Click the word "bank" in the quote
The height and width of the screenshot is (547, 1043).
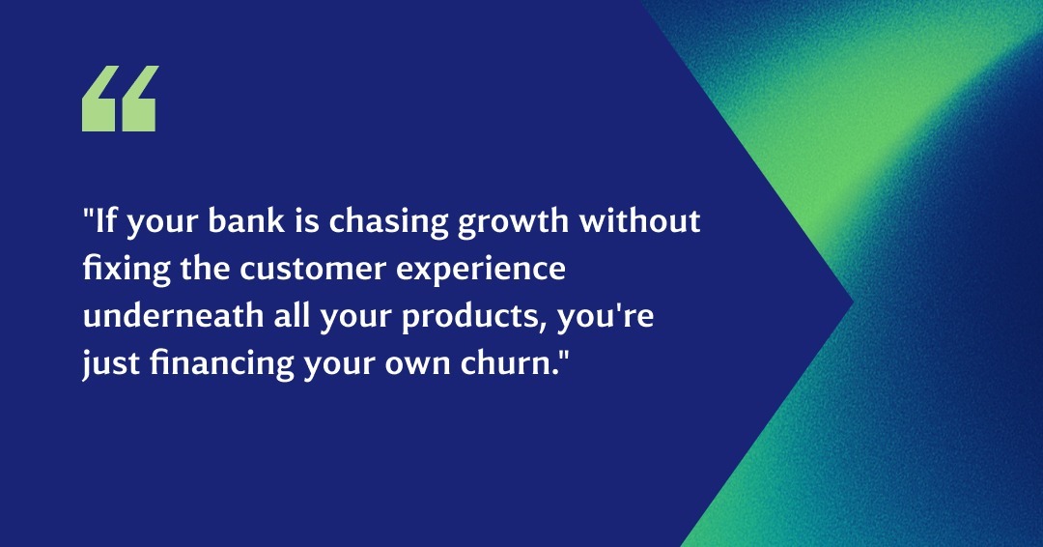tap(246, 221)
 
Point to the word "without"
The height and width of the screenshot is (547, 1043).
tap(639, 221)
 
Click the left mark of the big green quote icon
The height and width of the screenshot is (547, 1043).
tap(99, 99)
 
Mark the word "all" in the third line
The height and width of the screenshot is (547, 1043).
tap(292, 316)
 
